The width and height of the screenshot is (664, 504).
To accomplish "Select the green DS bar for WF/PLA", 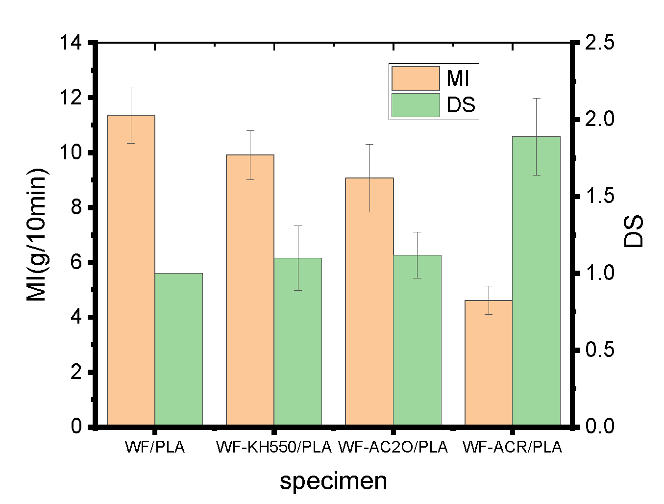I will (179, 349).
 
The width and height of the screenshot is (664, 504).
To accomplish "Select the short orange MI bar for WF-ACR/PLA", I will (489, 362).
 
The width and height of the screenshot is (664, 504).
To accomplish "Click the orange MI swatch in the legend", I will (416, 78).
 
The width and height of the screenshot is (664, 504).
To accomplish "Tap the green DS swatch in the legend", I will (416, 105).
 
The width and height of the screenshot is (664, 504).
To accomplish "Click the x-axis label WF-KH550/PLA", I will (274, 447).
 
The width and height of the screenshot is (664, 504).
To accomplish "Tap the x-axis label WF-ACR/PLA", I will (513, 447).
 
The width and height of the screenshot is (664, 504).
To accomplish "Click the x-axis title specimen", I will (333, 481).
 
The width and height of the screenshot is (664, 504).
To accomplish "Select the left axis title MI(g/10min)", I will (37, 234).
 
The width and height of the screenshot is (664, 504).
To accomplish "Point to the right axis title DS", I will (634, 231).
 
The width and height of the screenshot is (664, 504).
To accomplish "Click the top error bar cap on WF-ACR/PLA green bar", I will (536, 99).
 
